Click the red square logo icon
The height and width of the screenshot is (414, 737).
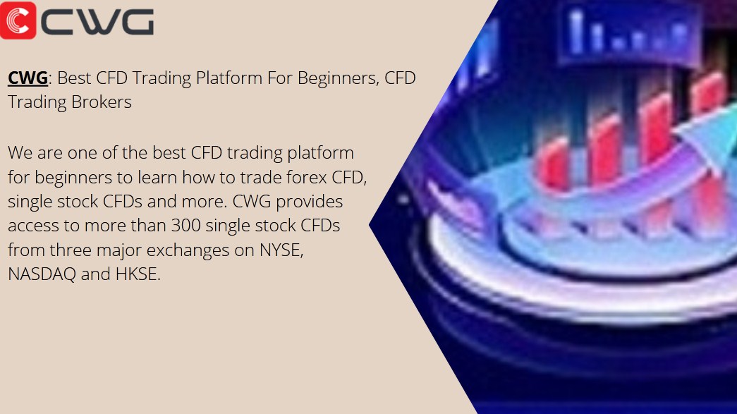(18, 20)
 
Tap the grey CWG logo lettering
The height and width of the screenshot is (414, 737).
(97, 22)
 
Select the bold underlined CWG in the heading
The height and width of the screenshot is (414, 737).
(28, 78)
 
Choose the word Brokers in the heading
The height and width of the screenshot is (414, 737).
(102, 102)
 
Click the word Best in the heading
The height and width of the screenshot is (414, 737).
(74, 78)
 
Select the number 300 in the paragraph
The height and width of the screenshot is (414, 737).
(185, 226)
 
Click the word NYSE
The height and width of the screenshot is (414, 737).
(281, 250)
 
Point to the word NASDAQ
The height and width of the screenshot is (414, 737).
(42, 274)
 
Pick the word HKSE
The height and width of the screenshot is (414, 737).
(138, 274)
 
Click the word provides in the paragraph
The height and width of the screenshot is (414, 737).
(310, 202)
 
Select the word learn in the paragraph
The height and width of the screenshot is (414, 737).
(157, 177)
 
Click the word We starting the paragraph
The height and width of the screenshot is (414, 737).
(20, 153)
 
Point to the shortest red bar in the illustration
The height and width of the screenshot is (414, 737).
(553, 162)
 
